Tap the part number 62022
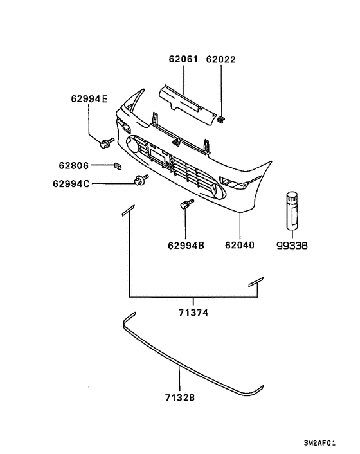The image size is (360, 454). (x=221, y=60)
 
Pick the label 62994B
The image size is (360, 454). (x=186, y=245)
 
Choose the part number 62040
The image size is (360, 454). (x=240, y=245)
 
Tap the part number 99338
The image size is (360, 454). (x=293, y=245)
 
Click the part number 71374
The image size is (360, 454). (x=194, y=313)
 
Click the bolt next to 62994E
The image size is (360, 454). (x=107, y=140)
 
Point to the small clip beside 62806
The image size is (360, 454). (x=118, y=166)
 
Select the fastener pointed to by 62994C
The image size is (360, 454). (x=139, y=181)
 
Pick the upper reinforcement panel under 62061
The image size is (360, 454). (x=186, y=101)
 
